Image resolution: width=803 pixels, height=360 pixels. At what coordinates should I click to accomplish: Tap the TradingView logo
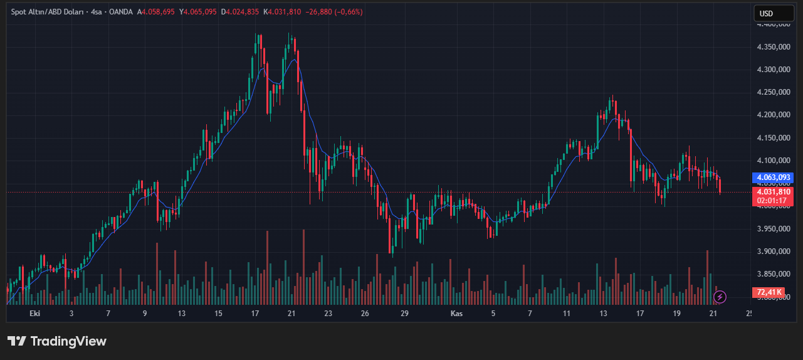click(57, 341)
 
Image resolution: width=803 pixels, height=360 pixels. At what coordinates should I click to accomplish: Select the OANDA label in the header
click(122, 12)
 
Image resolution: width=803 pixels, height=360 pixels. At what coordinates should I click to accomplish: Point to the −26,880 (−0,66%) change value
click(333, 12)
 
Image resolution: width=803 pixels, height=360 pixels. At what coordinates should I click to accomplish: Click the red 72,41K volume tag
click(769, 292)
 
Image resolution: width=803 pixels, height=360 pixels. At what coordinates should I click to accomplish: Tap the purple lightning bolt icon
click(720, 297)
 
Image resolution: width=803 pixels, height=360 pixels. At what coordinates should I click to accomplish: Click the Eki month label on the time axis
click(35, 313)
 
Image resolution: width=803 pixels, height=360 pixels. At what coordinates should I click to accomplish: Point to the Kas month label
click(457, 313)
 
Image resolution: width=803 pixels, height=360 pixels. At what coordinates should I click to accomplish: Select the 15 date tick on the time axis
click(218, 313)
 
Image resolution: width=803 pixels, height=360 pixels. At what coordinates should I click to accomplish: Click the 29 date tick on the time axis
click(404, 313)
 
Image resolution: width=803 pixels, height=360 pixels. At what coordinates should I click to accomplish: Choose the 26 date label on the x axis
click(365, 313)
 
